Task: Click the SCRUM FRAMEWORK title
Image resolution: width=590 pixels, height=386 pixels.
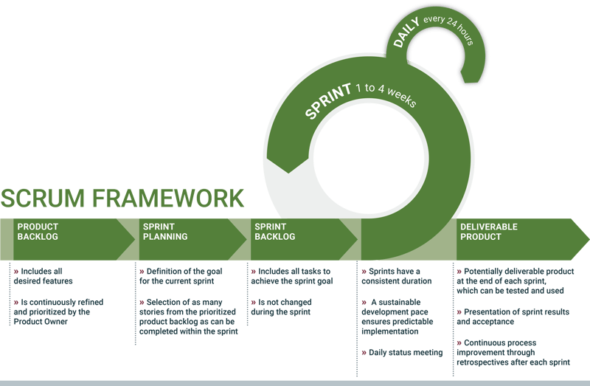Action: [x=122, y=198]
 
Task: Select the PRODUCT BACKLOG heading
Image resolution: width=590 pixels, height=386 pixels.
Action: [x=38, y=232]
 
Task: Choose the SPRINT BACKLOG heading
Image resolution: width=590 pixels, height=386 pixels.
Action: [x=274, y=232]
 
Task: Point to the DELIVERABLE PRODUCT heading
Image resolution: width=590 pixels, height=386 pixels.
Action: [x=488, y=232]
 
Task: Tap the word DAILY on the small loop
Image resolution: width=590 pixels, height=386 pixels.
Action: [x=408, y=34]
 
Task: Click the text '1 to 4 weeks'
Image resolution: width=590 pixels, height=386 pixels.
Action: [x=384, y=94]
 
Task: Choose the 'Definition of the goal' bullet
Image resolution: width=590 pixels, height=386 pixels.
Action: [x=181, y=276]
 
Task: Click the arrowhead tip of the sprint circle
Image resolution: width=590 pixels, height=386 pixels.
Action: [x=288, y=172]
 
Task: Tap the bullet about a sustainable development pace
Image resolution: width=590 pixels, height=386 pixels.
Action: [x=403, y=317]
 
